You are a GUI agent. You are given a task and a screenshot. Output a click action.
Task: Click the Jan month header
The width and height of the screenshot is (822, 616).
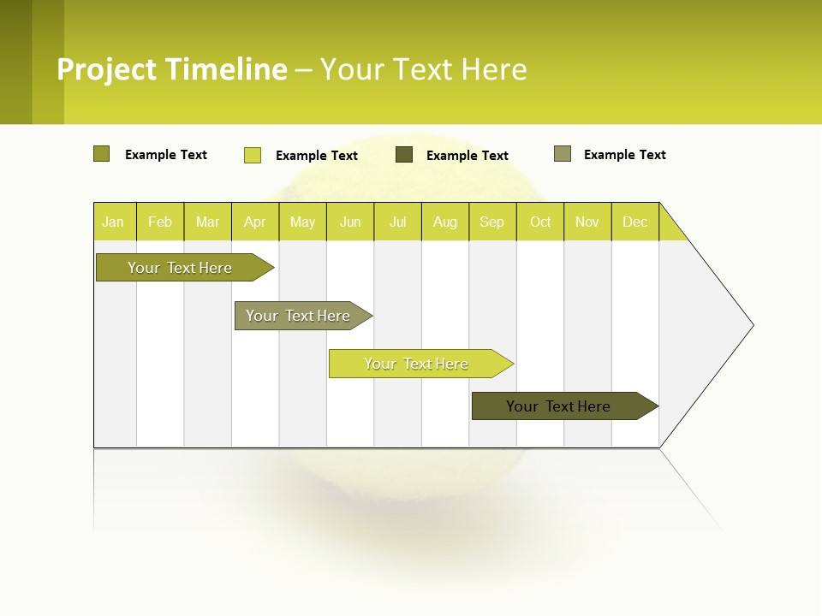click(x=113, y=222)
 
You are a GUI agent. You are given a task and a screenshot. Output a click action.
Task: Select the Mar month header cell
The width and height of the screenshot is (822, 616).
click(x=207, y=222)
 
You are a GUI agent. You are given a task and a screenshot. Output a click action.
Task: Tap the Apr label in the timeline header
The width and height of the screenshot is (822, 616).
click(x=254, y=222)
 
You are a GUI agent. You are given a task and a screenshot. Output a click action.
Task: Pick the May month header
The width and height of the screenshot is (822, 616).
click(x=302, y=222)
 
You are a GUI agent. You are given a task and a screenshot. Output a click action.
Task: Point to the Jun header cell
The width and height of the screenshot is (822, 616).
click(x=350, y=222)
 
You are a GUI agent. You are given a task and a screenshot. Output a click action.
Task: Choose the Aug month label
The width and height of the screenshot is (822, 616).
click(x=444, y=222)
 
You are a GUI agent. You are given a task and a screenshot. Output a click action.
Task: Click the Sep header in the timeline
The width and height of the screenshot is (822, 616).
click(x=491, y=222)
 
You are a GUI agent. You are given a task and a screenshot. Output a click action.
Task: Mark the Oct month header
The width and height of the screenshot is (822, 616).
click(x=540, y=222)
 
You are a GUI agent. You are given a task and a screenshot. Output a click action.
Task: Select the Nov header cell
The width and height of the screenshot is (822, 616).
click(x=587, y=222)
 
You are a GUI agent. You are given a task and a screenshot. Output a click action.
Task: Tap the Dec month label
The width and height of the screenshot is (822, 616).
click(x=634, y=222)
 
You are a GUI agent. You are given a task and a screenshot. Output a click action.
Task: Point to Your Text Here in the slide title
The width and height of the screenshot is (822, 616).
click(x=423, y=69)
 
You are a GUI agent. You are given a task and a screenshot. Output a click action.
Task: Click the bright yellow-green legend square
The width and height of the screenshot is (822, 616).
click(x=253, y=155)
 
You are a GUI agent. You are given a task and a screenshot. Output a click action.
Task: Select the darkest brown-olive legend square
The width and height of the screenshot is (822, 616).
click(x=404, y=155)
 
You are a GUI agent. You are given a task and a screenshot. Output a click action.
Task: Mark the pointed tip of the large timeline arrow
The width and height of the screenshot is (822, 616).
click(x=752, y=325)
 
